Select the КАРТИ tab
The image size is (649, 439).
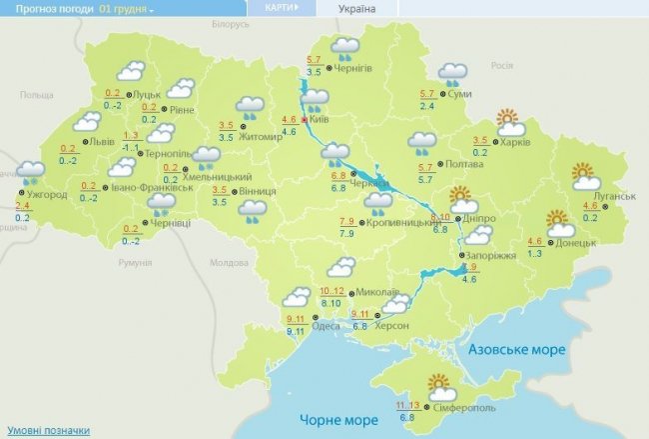279,8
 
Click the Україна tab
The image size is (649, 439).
357,9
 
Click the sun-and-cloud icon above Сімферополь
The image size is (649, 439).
439,383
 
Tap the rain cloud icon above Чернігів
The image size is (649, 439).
345,47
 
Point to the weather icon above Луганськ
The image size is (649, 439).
583,176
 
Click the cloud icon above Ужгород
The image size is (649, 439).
31,172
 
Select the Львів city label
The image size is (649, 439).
102,142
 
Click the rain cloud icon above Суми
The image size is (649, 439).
452,74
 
